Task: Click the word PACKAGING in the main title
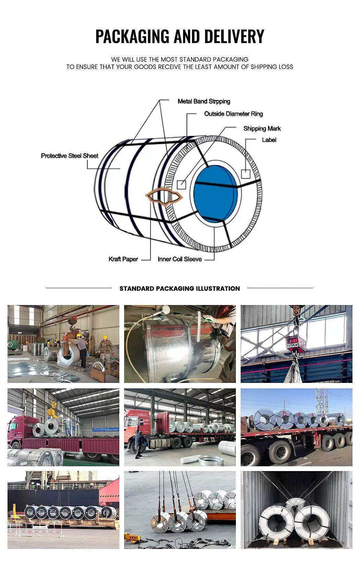click(132, 36)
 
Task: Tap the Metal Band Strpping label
click(204, 101)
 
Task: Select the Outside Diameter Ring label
click(233, 114)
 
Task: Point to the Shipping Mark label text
click(262, 129)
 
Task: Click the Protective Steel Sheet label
click(70, 156)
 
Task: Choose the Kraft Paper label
click(123, 259)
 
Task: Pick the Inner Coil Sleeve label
click(180, 259)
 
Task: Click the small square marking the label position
click(245, 174)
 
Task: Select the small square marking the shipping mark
click(181, 185)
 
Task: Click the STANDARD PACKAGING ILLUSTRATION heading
click(180, 289)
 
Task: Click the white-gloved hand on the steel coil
click(208, 318)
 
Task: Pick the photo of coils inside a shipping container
click(296, 510)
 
